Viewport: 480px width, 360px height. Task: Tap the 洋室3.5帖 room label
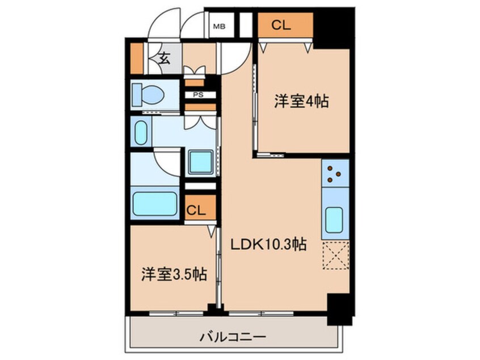pyautogui.click(x=173, y=275)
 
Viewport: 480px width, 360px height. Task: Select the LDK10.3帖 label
pyautogui.click(x=268, y=245)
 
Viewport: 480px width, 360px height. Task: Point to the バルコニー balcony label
pyautogui.click(x=235, y=336)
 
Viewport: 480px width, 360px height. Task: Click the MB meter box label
pyautogui.click(x=218, y=26)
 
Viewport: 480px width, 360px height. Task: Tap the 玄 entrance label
pyautogui.click(x=164, y=57)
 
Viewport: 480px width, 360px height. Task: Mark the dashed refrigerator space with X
pyautogui.click(x=335, y=256)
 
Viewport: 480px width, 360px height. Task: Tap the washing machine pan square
pyautogui.click(x=200, y=161)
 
